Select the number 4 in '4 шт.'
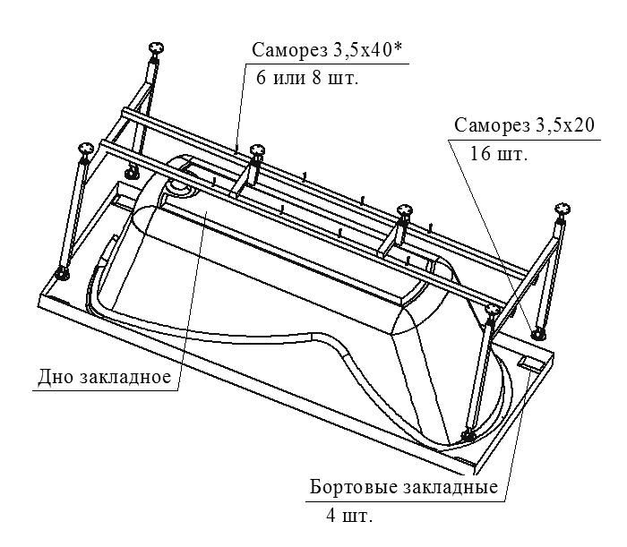click(x=331, y=517)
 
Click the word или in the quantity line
click(x=296, y=77)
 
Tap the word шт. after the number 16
click(x=511, y=153)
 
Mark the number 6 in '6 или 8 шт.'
click(x=262, y=77)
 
